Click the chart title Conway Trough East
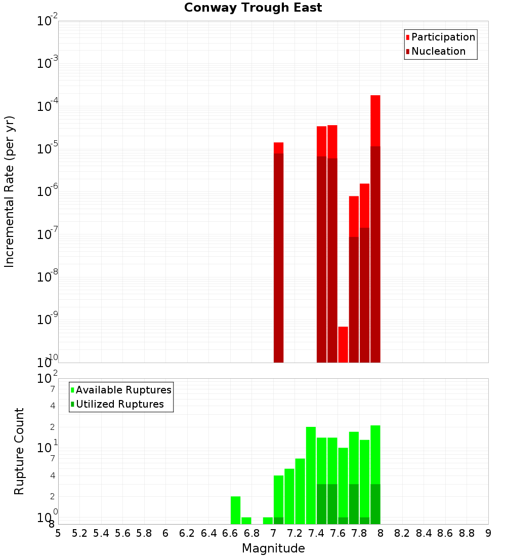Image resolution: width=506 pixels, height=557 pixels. (x=253, y=8)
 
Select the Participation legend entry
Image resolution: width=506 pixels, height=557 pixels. (x=443, y=37)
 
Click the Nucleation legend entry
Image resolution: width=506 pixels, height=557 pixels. (x=438, y=52)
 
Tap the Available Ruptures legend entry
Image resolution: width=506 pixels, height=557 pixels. (x=123, y=390)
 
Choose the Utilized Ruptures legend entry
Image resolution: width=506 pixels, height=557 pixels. (x=119, y=405)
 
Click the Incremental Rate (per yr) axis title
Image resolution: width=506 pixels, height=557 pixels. (x=10, y=191)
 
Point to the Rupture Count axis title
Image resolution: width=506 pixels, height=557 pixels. (x=19, y=451)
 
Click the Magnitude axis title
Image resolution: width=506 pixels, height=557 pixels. (x=273, y=548)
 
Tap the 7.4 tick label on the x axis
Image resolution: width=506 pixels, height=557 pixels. (x=316, y=533)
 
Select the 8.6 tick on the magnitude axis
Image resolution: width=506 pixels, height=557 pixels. (x=445, y=533)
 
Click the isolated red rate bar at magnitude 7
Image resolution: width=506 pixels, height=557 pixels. (x=278, y=253)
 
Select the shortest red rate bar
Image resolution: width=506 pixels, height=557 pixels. (x=343, y=344)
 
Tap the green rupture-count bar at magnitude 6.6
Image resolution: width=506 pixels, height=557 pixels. (x=235, y=510)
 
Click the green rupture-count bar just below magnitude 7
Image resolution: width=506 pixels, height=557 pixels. (x=268, y=521)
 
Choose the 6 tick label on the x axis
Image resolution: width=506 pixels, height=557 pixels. (x=165, y=533)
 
